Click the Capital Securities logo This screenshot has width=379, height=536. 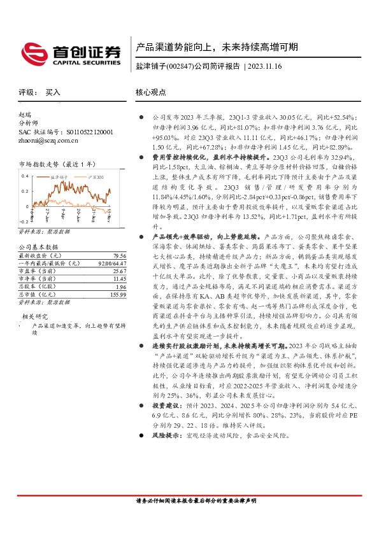71,53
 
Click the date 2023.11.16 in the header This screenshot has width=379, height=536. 268,66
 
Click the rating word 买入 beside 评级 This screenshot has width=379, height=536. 54,92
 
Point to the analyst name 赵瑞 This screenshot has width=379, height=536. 25,115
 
